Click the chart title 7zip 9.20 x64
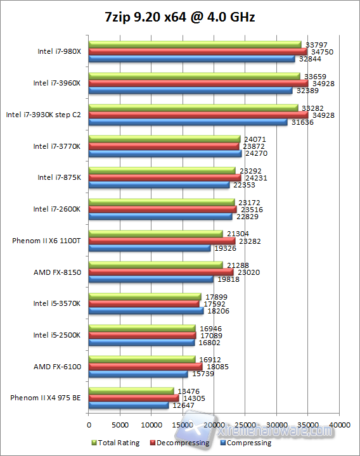tap(180, 17)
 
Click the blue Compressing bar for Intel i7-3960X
tap(190, 91)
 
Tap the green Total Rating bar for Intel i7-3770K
tap(164, 139)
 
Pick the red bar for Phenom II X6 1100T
tap(162, 241)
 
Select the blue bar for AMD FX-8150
tap(151, 279)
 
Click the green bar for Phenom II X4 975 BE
tap(131, 390)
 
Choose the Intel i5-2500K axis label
tap(57, 335)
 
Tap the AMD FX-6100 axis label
tap(57, 366)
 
